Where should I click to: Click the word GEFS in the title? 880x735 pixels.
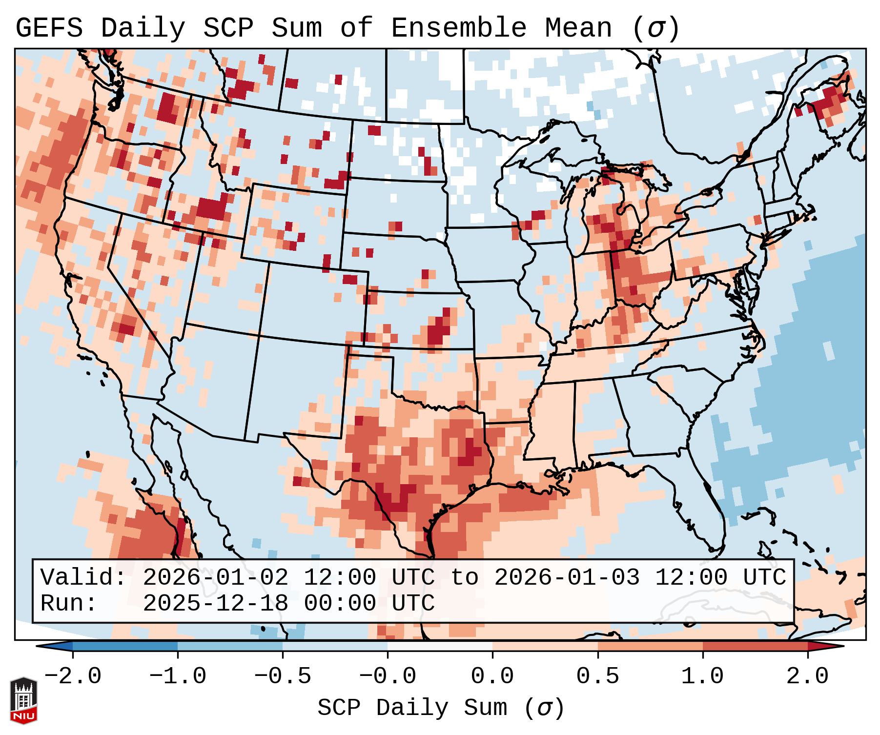pos(49,28)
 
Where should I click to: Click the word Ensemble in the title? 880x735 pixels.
pos(458,28)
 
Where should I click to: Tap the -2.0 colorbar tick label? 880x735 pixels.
pos(73,676)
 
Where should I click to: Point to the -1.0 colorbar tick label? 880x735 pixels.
pos(178,676)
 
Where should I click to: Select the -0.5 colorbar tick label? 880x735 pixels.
pos(283,676)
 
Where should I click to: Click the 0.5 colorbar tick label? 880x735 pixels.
pos(597,676)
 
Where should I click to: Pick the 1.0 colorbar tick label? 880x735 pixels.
pos(702,676)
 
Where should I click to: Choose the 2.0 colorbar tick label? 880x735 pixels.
pos(807,676)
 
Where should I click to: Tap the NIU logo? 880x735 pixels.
pos(23,701)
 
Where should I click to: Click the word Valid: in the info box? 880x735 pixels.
pos(83,578)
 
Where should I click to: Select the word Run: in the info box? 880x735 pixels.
pos(69,603)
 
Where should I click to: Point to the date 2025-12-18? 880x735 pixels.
pos(215,603)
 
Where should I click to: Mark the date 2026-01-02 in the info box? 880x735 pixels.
pos(215,578)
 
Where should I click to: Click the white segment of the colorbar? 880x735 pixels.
pos(440,646)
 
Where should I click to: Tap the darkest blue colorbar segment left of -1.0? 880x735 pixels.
pos(125,646)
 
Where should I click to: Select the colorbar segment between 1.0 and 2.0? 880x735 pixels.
pos(755,646)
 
